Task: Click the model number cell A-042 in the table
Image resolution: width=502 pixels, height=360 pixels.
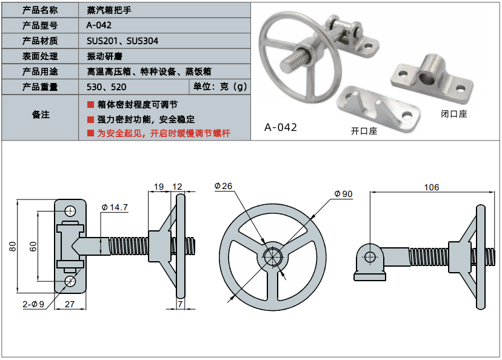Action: pyautogui.click(x=99, y=25)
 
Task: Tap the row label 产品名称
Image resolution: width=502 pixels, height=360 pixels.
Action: pyautogui.click(x=40, y=10)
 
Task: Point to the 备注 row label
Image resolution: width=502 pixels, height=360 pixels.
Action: pyautogui.click(x=40, y=115)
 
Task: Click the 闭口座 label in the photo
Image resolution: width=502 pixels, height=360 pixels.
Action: pyautogui.click(x=454, y=113)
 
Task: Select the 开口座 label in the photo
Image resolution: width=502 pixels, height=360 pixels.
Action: pyautogui.click(x=364, y=130)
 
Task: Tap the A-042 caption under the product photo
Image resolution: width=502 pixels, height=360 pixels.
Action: pyautogui.click(x=281, y=127)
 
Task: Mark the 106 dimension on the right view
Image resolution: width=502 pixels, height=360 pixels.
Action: pyautogui.click(x=431, y=187)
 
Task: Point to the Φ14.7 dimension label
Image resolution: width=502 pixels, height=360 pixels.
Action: pyautogui.click(x=115, y=207)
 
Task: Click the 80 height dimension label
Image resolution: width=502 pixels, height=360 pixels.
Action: pyautogui.click(x=12, y=245)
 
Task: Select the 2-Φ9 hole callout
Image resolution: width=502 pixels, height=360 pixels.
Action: pyautogui.click(x=34, y=304)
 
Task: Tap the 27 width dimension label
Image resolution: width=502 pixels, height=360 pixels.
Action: pyautogui.click(x=69, y=304)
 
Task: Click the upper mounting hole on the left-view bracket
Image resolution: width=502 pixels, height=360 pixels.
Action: pyautogui.click(x=71, y=211)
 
